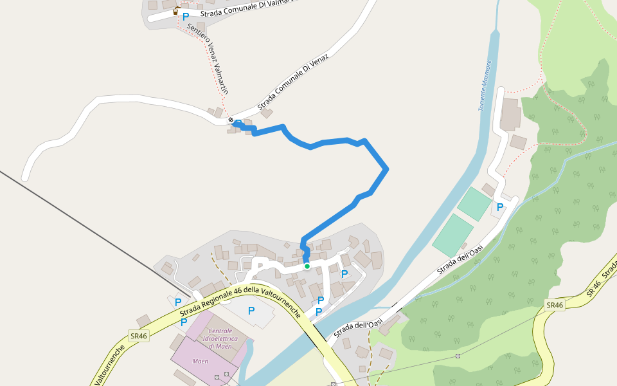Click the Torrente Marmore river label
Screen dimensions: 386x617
tap(485, 86)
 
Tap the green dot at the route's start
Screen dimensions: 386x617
tap(307, 266)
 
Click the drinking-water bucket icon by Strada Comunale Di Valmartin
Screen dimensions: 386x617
tap(175, 11)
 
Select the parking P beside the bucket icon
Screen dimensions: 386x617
tap(186, 16)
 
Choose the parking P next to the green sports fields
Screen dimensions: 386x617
tap(500, 207)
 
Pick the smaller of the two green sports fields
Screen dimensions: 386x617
tap(474, 204)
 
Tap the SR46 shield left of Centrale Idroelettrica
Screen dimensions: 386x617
tap(138, 336)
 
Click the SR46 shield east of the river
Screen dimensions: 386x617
tap(554, 305)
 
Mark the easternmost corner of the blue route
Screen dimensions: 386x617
tap(387, 169)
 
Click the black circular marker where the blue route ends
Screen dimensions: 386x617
tap(231, 120)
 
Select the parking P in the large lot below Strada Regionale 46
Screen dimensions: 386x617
tap(251, 311)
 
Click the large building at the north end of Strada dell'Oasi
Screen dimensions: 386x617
tap(512, 114)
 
